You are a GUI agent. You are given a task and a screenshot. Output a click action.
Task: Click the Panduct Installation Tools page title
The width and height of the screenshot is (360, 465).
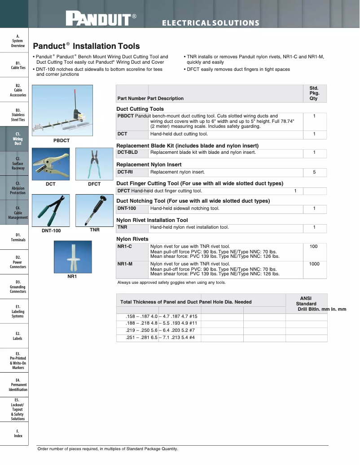(86, 46)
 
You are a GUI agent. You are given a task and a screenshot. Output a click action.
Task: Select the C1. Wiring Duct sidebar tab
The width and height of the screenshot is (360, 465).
(18, 139)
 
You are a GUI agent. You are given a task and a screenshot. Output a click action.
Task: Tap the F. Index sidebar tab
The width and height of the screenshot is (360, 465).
(18, 433)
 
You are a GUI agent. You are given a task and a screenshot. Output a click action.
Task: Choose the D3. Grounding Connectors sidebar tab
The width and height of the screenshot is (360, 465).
(18, 287)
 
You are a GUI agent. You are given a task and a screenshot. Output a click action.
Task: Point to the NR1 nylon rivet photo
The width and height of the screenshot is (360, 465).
(73, 257)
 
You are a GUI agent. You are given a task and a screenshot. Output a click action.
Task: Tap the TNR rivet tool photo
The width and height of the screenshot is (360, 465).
(94, 210)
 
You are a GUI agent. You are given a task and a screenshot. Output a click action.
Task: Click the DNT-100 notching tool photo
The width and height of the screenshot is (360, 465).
(50, 210)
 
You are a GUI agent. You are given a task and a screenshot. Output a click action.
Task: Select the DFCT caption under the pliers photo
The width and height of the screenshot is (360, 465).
(94, 184)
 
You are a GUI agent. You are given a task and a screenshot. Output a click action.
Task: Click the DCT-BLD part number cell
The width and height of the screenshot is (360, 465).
(127, 152)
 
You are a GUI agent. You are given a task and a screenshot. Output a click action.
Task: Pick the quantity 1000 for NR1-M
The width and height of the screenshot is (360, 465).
(314, 264)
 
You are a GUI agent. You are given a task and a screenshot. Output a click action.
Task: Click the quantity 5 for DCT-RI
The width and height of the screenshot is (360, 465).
(314, 172)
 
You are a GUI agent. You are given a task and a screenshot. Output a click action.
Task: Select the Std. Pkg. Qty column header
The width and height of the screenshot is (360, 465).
(314, 94)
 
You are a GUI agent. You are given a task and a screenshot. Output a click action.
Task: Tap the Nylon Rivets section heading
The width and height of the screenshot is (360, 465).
(132, 239)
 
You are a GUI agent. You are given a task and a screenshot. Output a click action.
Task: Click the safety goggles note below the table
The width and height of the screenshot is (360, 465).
(171, 282)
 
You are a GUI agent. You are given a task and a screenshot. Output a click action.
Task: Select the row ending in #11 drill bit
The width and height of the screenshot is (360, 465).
(162, 323)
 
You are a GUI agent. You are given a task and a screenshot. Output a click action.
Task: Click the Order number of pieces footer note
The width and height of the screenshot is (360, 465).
(108, 449)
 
